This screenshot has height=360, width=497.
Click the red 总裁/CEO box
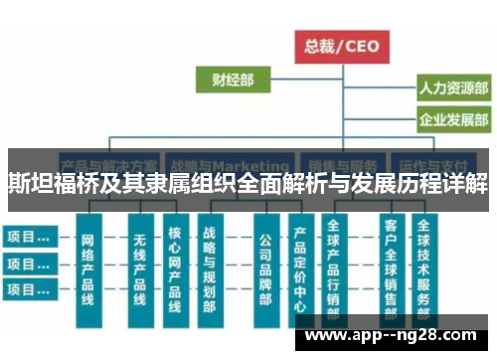pos(342,44)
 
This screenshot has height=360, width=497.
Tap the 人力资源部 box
pos(452,89)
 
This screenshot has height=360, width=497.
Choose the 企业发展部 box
pos(452,120)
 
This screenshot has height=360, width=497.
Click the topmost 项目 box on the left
pos(29,237)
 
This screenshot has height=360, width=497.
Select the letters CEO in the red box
pos(364,44)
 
